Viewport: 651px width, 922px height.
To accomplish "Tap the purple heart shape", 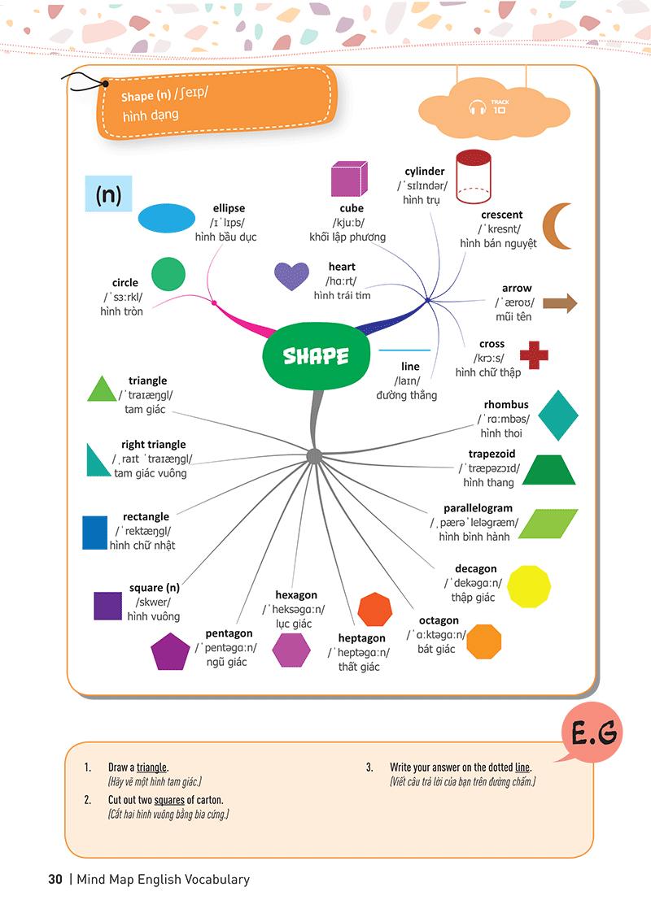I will tap(291, 276).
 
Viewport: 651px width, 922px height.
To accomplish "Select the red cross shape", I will tap(534, 354).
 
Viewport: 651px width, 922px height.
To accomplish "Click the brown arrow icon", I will tap(560, 304).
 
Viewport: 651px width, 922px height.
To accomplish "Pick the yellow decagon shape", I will tap(530, 586).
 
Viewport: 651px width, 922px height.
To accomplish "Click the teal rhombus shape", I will tap(557, 415).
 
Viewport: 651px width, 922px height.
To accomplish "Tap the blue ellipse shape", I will tap(167, 219).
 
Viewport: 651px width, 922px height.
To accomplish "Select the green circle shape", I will tap(168, 274).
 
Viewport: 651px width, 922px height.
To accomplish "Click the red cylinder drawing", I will tap(475, 177).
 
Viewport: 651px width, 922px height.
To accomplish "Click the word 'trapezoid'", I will tap(492, 454).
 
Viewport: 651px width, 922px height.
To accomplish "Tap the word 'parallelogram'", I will tap(478, 508).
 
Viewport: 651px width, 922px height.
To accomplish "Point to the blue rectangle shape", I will tap(94, 533).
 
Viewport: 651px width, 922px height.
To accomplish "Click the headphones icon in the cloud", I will tap(477, 107).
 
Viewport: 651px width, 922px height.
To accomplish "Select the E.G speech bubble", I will tap(592, 737).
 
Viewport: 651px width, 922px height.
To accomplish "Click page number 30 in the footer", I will tap(55, 879).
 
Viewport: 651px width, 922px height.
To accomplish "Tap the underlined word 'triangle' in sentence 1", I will tap(151, 768).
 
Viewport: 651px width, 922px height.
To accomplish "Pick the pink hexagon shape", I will tap(291, 650).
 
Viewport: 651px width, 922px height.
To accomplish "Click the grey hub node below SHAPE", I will tap(314, 456).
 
